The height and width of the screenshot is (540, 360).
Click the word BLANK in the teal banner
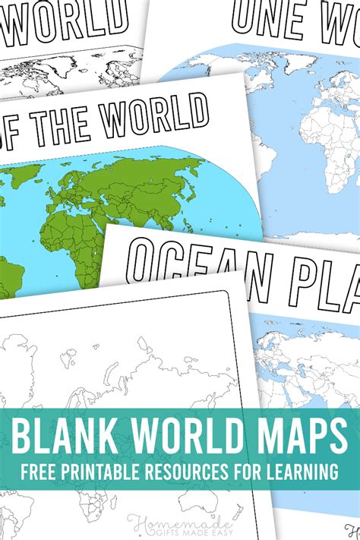pyautogui.click(x=68, y=436)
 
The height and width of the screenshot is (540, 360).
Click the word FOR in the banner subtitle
pyautogui.click(x=254, y=472)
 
